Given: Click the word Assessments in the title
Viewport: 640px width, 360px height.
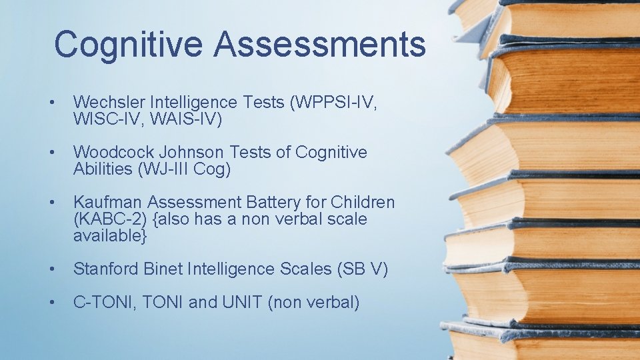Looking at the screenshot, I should (x=320, y=44).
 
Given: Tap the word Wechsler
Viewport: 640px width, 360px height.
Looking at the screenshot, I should (x=109, y=103).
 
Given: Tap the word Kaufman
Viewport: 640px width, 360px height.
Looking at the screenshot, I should (x=107, y=202).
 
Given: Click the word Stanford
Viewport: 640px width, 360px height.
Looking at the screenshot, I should (x=107, y=269).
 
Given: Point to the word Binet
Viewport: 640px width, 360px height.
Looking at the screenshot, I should (x=165, y=269).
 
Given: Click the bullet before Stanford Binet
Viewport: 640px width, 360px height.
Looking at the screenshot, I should (x=50, y=269).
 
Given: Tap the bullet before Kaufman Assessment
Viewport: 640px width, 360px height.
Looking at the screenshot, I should (x=50, y=202).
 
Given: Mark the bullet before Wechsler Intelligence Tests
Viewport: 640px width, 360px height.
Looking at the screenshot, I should (x=50, y=103).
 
